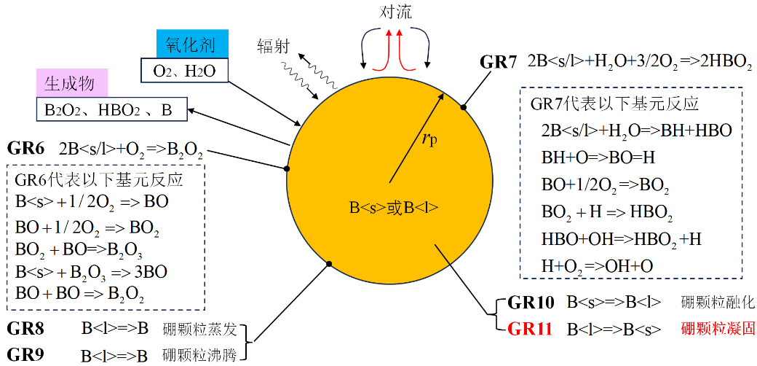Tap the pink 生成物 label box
pyautogui.click(x=71, y=84)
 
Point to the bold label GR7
pyautogui.click(x=499, y=61)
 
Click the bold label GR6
pyautogui.click(x=26, y=149)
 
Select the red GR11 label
pyautogui.click(x=531, y=328)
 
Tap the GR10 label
pyautogui.click(x=531, y=302)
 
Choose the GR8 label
pyautogui.click(x=25, y=328)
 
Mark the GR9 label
pyautogui.click(x=25, y=355)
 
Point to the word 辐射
pyautogui.click(x=274, y=47)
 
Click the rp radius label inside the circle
pyautogui.click(x=431, y=138)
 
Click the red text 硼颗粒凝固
pyautogui.click(x=718, y=328)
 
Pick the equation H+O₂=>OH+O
pyautogui.click(x=597, y=265)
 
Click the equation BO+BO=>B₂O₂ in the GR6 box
pyautogui.click(x=79, y=295)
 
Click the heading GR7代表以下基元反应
pyautogui.click(x=614, y=104)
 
